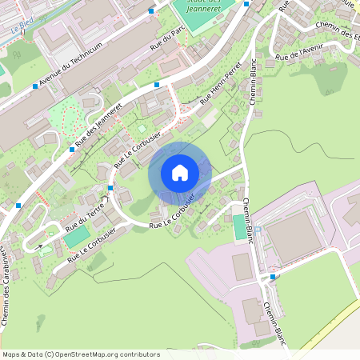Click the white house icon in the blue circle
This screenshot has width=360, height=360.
pos(180,172)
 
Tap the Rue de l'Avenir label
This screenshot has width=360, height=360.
pos(299,54)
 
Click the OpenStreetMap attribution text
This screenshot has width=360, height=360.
pos(80,354)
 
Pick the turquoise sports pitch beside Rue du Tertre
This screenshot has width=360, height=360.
pos(77,237)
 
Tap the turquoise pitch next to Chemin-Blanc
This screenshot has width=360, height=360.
pos(241,227)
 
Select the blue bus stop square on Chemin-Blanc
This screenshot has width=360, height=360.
pos(274,278)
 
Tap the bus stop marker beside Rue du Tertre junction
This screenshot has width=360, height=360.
pos(110,186)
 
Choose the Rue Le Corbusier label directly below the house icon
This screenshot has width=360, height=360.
pos(173,213)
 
